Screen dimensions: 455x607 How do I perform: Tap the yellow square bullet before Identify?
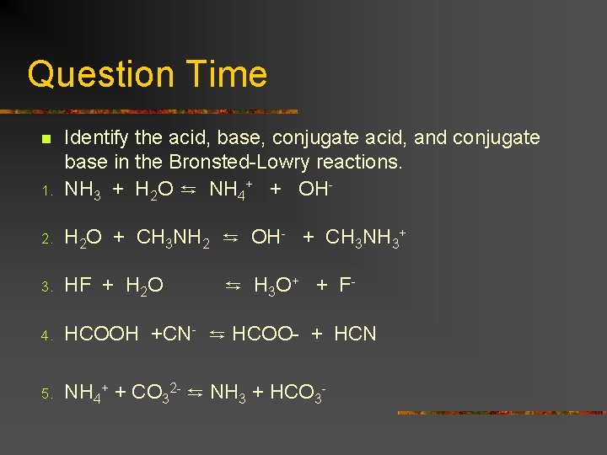(x=47, y=138)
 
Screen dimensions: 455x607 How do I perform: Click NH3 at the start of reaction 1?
(x=83, y=190)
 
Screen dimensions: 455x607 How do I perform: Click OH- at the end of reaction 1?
(x=314, y=190)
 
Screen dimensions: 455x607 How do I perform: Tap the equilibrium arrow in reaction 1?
(x=191, y=190)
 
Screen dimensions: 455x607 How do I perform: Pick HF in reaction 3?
(x=78, y=286)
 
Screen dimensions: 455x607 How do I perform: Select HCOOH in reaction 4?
(x=101, y=335)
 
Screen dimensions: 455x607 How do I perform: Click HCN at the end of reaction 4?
(x=355, y=335)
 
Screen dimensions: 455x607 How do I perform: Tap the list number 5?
(x=48, y=393)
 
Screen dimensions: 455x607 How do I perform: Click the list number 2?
(x=48, y=239)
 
